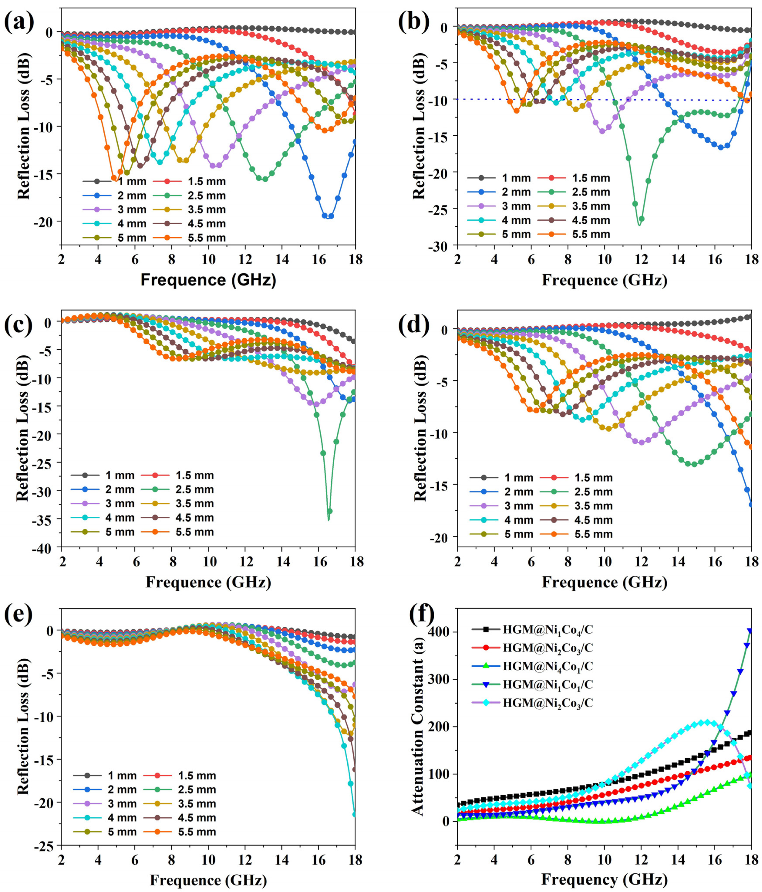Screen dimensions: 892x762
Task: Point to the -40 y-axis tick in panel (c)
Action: [x=45, y=548]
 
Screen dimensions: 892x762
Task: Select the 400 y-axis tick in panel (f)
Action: [x=439, y=632]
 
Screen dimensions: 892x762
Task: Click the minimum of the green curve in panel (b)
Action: [x=639, y=225]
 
